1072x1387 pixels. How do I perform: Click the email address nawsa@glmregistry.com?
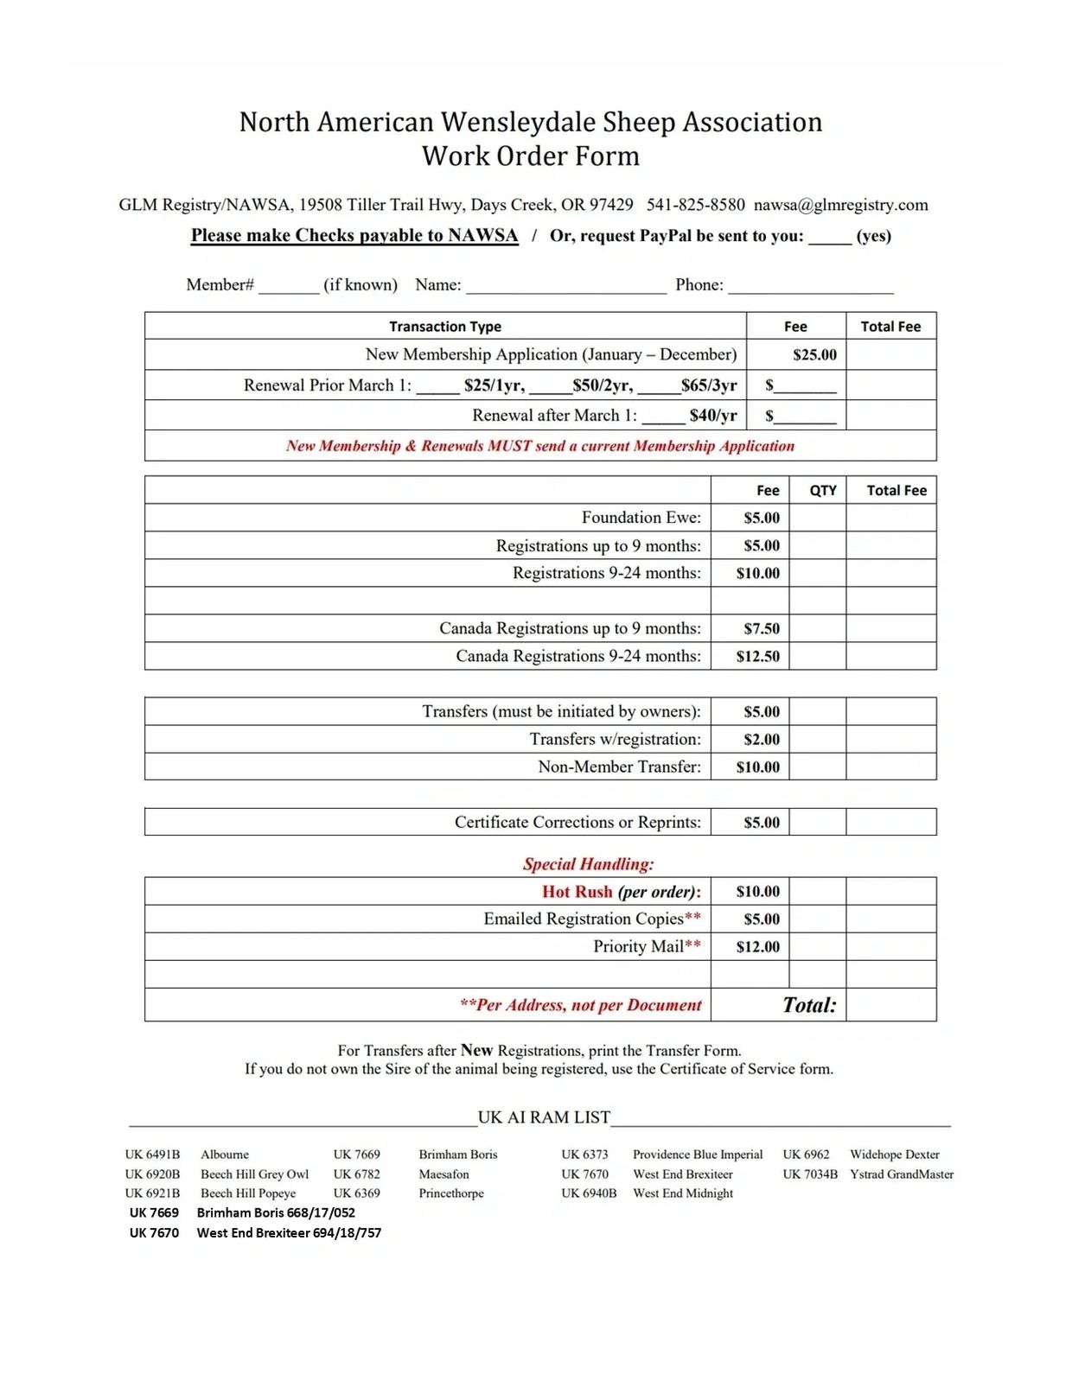840,205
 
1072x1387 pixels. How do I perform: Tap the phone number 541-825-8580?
695,205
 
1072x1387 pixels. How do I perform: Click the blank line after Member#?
289,287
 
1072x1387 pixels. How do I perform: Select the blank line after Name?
566,287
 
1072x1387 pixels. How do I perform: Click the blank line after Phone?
810,287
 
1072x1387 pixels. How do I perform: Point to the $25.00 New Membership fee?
814,354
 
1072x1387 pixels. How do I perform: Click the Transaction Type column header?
444,327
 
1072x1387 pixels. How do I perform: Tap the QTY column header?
822,490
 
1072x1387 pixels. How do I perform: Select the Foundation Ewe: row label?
641,518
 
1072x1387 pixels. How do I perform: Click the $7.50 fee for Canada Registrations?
761,628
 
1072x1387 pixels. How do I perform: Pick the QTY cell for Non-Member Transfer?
817,767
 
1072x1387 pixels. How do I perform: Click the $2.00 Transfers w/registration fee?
761,739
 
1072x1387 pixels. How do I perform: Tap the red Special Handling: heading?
588,864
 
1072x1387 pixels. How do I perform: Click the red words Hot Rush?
577,892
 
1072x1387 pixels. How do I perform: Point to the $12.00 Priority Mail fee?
757,946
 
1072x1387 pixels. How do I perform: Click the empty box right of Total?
890,1005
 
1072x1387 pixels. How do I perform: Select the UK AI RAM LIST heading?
544,1117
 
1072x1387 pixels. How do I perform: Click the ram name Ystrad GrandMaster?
902,1174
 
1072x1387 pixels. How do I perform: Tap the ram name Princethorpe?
451,1193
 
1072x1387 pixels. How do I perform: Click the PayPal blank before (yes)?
830,238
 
